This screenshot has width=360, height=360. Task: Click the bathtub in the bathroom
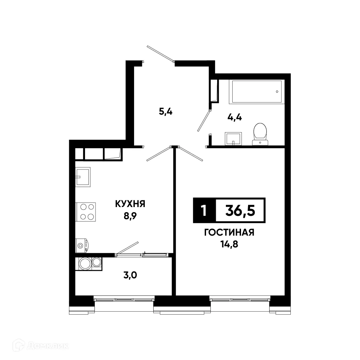click(256, 92)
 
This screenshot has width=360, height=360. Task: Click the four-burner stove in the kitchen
click(86, 212)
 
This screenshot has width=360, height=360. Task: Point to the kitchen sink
click(83, 176)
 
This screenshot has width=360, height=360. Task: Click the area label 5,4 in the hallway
click(166, 112)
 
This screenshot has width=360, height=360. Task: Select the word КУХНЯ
click(130, 204)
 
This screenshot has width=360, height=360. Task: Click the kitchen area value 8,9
click(130, 215)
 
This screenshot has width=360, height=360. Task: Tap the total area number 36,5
click(240, 210)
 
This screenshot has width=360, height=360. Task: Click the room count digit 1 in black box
click(203, 211)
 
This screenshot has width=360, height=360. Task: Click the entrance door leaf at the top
click(160, 53)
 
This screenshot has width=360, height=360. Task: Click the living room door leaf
click(191, 153)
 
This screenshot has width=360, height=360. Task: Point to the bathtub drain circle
click(277, 91)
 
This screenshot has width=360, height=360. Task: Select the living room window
click(240, 298)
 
